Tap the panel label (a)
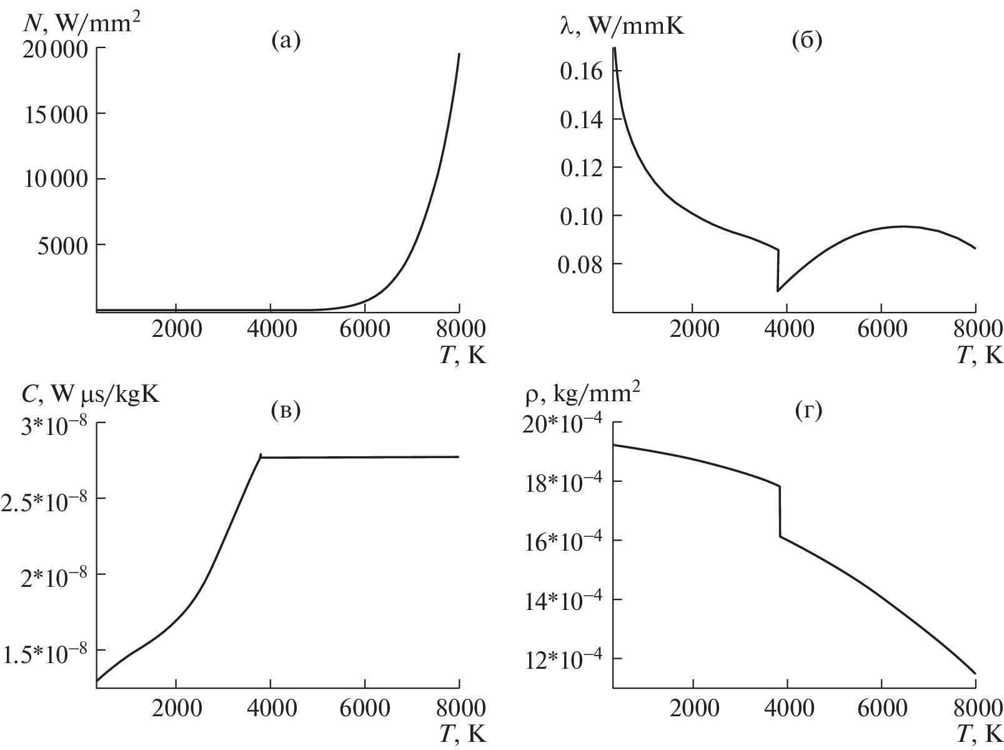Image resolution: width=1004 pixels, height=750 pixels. (x=286, y=41)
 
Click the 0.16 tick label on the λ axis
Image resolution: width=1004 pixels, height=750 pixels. (x=582, y=71)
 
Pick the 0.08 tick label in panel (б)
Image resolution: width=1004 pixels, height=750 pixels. (x=582, y=265)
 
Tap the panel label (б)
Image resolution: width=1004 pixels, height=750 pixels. (x=806, y=41)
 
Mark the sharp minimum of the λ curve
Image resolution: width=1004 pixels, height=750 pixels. (x=778, y=291)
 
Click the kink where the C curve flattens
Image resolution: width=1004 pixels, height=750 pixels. (x=261, y=456)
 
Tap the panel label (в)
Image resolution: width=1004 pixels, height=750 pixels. (x=286, y=410)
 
